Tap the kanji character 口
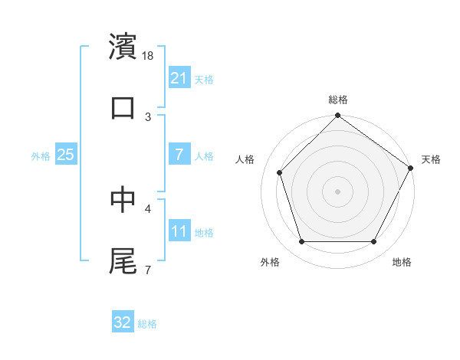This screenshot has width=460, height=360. [123, 108]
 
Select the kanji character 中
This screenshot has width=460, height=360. [123, 199]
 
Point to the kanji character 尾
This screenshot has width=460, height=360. [123, 260]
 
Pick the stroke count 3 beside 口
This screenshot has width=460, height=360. [148, 116]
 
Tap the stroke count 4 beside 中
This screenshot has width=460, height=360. [148, 208]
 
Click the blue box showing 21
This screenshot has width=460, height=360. [179, 77]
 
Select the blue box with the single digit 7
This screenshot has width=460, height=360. [179, 155]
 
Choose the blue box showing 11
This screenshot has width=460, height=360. [179, 231]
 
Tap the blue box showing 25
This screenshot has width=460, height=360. [65, 155]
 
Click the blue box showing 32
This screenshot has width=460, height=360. [123, 322]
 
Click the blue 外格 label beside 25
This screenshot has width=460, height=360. [41, 155]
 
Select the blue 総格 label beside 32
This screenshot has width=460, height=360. [147, 323]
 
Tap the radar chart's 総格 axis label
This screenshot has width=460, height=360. [337, 100]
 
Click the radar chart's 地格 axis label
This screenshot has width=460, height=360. [402, 262]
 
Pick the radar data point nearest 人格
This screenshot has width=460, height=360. [280, 172]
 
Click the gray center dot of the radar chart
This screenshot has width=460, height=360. [337, 191]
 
